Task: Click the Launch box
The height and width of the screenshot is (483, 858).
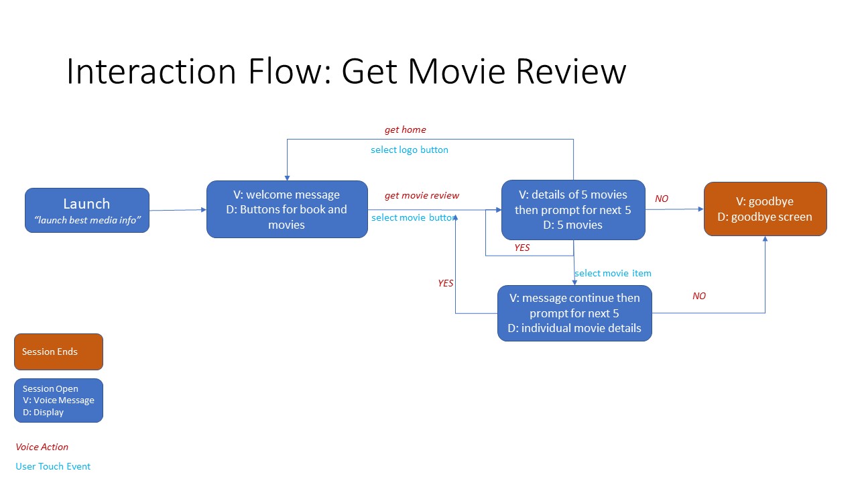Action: pyautogui.click(x=86, y=210)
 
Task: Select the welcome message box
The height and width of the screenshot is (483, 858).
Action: pyautogui.click(x=287, y=209)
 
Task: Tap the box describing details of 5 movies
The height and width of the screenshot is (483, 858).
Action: pyautogui.click(x=573, y=209)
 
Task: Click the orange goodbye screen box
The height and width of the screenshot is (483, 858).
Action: pyautogui.click(x=765, y=209)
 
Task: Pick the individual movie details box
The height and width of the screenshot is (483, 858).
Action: pyautogui.click(x=574, y=313)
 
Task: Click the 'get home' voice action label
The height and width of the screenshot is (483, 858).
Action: pyautogui.click(x=405, y=129)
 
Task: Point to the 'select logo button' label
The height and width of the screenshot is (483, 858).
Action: pyautogui.click(x=410, y=150)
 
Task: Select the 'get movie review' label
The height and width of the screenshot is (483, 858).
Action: pyautogui.click(x=422, y=195)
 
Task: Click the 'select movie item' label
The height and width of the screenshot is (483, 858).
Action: pyautogui.click(x=613, y=273)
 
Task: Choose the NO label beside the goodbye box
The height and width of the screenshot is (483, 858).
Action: pyautogui.click(x=662, y=199)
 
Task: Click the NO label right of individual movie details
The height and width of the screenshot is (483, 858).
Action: pyautogui.click(x=699, y=296)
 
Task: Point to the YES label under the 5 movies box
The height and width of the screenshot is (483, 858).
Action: pyautogui.click(x=522, y=248)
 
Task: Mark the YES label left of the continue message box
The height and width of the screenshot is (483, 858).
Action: pyautogui.click(x=445, y=283)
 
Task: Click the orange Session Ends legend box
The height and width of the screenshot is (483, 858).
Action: pyautogui.click(x=58, y=352)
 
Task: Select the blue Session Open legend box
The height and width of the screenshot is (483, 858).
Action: pyautogui.click(x=58, y=400)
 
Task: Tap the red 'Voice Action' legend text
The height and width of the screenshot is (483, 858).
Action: pyautogui.click(x=42, y=447)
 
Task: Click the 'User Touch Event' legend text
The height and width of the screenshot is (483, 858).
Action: pyautogui.click(x=53, y=466)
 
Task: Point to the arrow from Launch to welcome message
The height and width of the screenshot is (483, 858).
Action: pyautogui.click(x=178, y=210)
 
